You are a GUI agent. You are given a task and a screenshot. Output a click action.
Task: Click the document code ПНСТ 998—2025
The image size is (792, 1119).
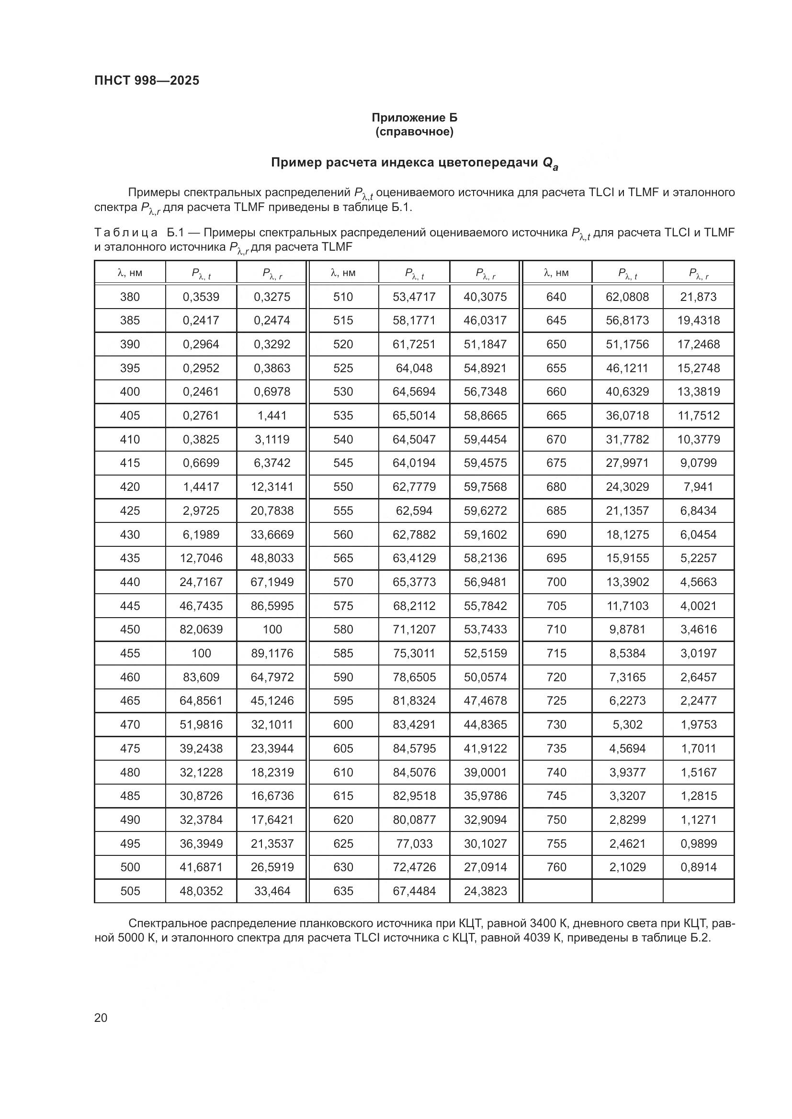[x=147, y=80]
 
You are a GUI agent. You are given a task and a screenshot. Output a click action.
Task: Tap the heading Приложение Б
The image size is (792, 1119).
[x=415, y=118]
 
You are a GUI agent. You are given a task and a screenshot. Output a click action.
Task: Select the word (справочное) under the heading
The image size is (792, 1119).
[x=415, y=132]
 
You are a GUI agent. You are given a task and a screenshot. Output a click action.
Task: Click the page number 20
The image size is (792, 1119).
[x=101, y=1018]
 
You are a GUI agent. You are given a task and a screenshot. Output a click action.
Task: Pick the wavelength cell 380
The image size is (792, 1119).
[x=130, y=297]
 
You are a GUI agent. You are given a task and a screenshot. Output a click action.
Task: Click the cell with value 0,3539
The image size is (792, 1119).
[x=201, y=297]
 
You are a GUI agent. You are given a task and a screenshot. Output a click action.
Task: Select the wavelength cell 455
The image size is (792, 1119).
[x=130, y=653]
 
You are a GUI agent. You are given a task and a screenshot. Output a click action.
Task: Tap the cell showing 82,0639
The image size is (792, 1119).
[x=201, y=629]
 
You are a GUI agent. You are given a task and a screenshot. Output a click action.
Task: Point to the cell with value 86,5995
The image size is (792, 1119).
[x=272, y=606]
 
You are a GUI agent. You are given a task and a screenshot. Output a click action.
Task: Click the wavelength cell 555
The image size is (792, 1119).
[x=343, y=511]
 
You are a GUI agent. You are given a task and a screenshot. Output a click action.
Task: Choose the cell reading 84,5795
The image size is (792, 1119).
[x=414, y=748]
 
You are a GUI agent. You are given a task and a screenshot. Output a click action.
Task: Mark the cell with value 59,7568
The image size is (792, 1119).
[x=485, y=487]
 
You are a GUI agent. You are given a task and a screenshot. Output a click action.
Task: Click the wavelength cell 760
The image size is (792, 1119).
[x=556, y=867]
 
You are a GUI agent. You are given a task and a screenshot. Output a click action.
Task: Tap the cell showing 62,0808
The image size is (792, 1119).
[x=627, y=297]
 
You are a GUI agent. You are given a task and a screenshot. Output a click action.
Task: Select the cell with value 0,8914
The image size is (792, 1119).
[x=698, y=867]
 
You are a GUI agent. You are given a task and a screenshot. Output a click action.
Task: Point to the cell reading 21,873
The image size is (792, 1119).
[x=698, y=297]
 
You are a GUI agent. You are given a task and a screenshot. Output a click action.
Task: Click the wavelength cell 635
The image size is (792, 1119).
[x=343, y=891]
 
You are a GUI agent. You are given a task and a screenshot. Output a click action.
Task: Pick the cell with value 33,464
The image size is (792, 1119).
[x=272, y=891]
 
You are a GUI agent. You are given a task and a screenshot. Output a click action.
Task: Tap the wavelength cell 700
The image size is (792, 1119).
[x=556, y=582]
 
